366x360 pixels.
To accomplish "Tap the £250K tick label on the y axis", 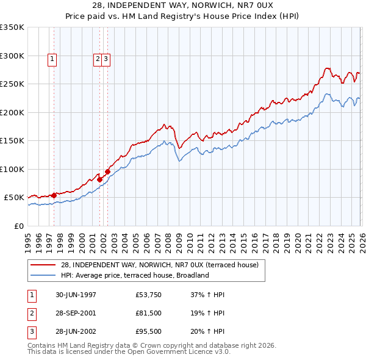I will (x=12, y=84).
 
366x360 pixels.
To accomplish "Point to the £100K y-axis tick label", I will (x=12, y=169).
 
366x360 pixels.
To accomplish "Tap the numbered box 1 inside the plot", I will (x=53, y=59).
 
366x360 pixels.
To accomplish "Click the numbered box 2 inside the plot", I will (x=98, y=59).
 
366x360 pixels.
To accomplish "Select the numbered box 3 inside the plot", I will (x=106, y=59).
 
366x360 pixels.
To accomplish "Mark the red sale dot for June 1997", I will (x=54, y=195).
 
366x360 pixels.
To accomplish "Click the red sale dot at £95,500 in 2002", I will (x=107, y=171).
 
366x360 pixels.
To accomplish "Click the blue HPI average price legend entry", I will (x=135, y=275).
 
